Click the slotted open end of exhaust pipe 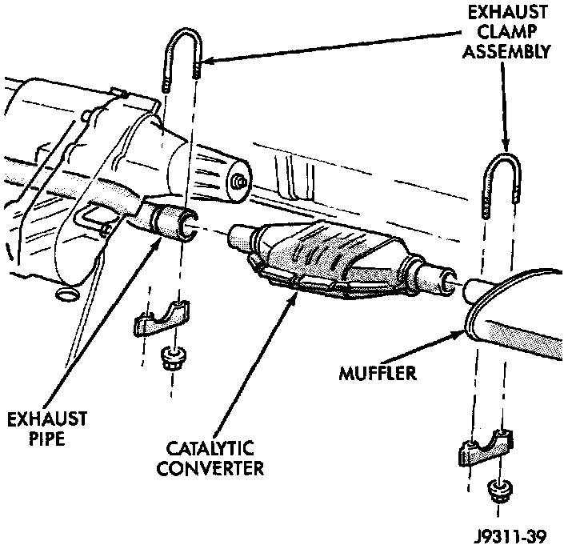click(186, 226)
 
